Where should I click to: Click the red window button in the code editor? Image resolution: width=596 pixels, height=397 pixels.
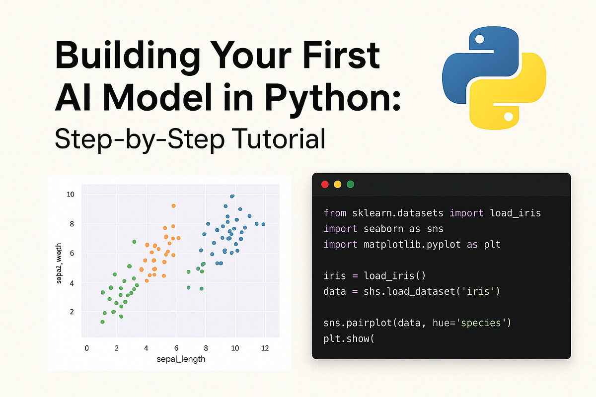pos(325,184)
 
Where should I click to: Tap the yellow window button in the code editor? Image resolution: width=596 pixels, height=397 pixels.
pos(338,184)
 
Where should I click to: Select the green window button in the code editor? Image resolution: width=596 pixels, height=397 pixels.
pos(350,184)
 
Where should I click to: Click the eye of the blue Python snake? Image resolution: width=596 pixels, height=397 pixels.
pos(479,39)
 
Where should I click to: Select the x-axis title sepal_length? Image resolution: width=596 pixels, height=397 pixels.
pos(181,359)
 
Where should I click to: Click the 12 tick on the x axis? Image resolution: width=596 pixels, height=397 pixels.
pos(265,348)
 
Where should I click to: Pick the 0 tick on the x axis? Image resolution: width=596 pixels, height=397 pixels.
pos(87,348)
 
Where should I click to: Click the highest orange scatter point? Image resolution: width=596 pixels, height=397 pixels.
pos(173,205)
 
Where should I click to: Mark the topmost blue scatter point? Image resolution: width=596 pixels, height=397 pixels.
pos(232,196)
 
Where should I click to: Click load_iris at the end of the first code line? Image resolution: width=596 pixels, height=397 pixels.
pos(515,213)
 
